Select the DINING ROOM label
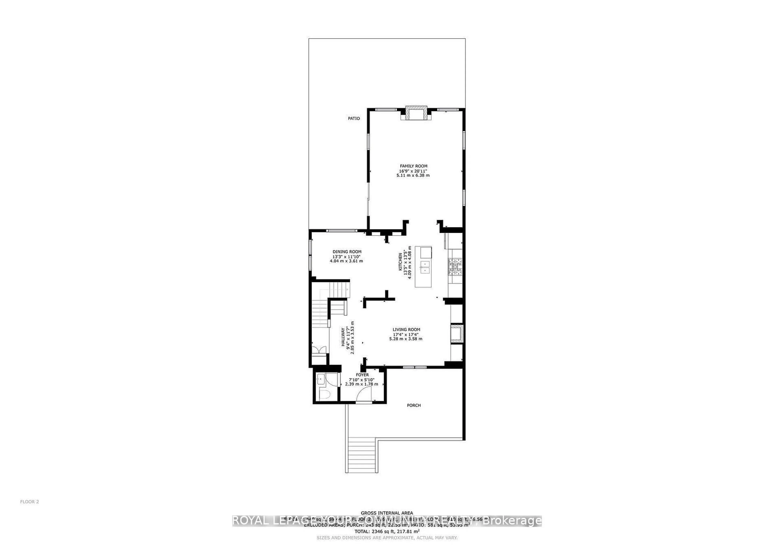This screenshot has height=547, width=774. click(x=347, y=252)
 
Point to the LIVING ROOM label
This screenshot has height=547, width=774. click(x=406, y=330)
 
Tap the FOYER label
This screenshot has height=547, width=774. click(x=362, y=375)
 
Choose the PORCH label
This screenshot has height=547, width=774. click(x=414, y=405)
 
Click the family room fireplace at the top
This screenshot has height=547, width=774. click(x=414, y=113)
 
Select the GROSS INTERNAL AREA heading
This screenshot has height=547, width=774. click(x=387, y=513)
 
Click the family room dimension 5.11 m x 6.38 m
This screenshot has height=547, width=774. click(x=413, y=175)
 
